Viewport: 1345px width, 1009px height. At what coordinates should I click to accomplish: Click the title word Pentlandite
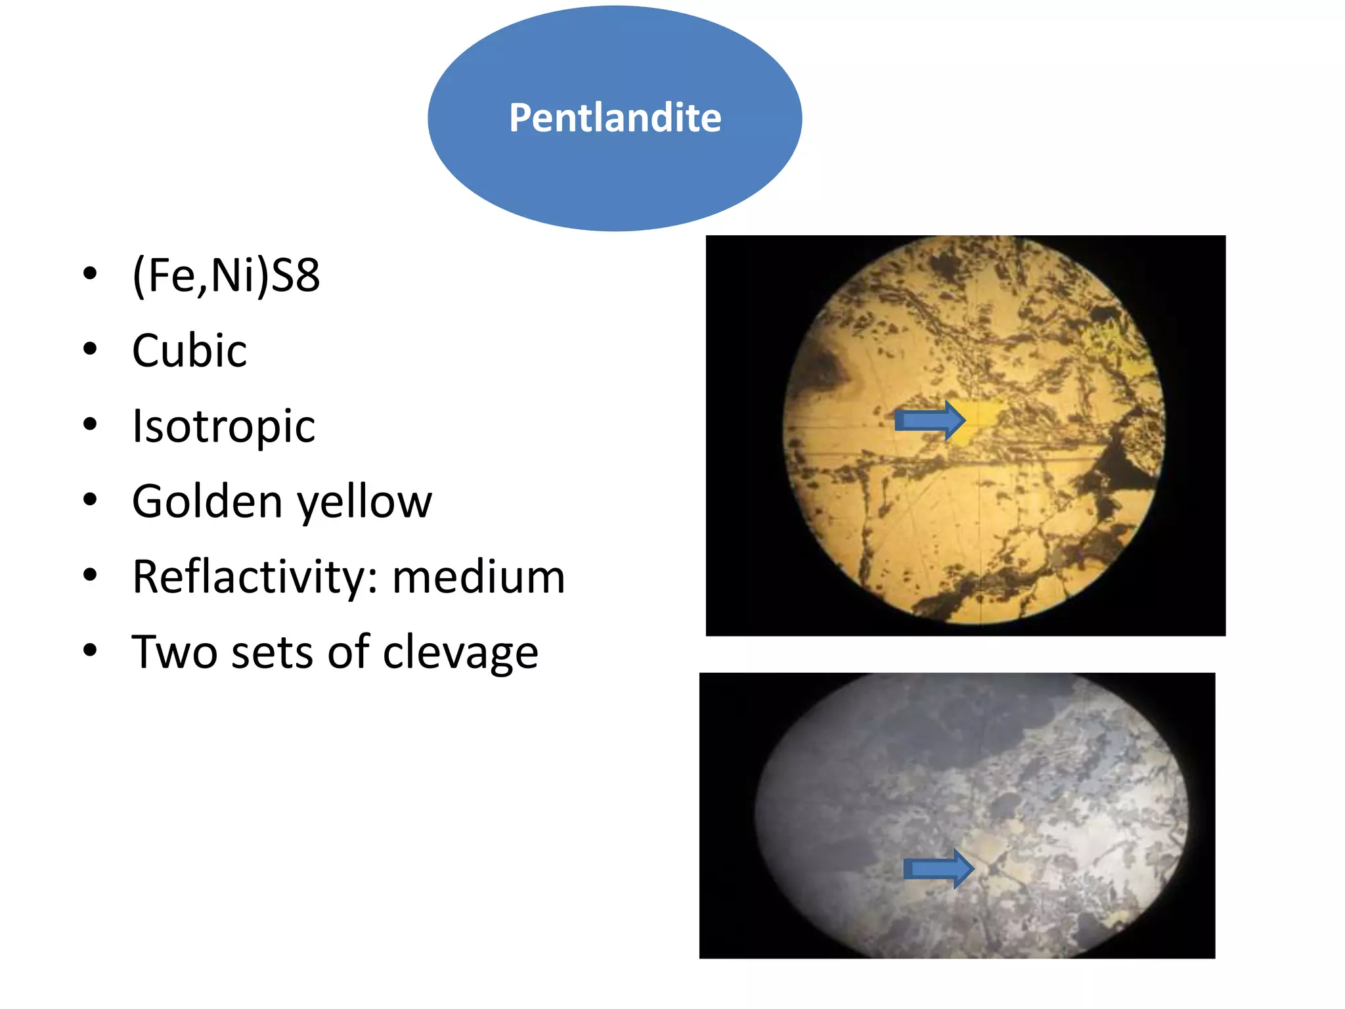coord(615,118)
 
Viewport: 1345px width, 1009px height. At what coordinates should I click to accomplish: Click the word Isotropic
coord(223,426)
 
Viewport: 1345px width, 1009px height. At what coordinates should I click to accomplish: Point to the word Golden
coord(207,501)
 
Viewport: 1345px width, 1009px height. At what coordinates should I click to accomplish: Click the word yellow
coord(365,503)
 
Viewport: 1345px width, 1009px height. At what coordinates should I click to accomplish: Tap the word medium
coord(478,577)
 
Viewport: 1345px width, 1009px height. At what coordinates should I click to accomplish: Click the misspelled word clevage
coord(460,653)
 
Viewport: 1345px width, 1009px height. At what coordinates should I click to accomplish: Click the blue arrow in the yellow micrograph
coord(929,420)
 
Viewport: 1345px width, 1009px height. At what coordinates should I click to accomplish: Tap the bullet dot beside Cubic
coord(91,349)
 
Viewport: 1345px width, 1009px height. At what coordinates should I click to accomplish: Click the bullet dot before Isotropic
coord(91,424)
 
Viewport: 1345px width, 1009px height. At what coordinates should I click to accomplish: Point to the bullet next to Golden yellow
coord(91,500)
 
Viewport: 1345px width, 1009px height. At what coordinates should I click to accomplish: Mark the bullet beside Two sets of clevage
coord(91,650)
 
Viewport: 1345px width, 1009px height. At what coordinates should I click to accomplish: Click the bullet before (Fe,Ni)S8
coord(91,273)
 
